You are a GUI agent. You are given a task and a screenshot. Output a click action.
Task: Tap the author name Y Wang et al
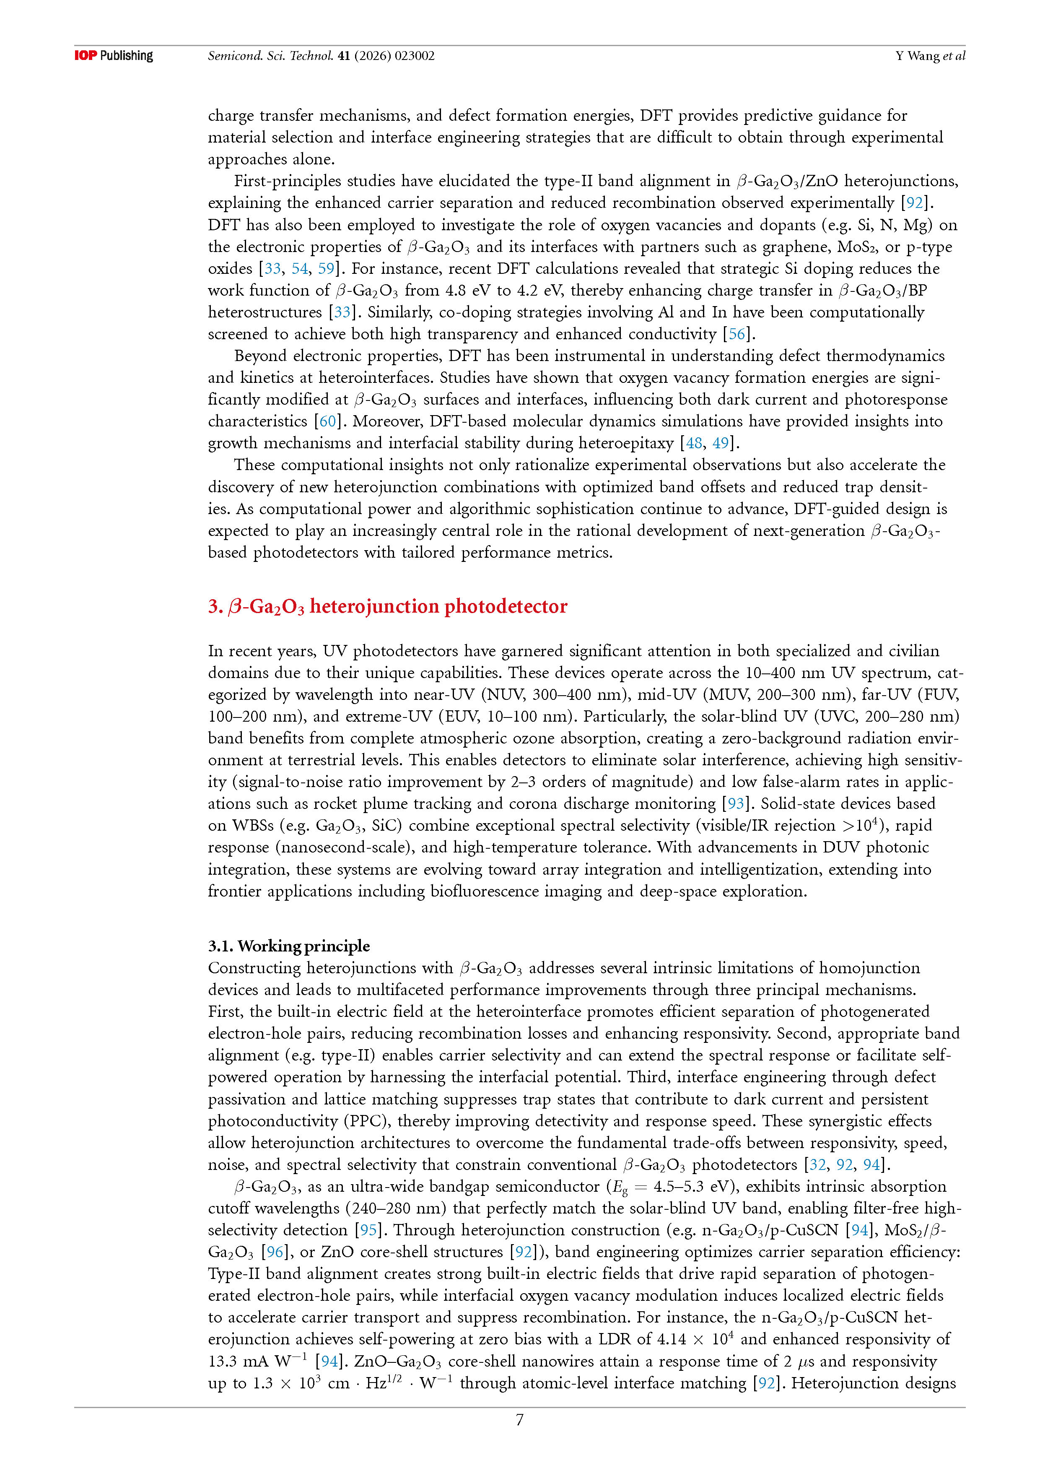[x=930, y=56]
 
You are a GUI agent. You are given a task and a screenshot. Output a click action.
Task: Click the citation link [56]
[x=737, y=334]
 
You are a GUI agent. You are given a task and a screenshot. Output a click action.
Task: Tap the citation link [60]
[x=327, y=421]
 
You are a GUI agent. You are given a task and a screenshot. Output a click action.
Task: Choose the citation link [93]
[x=736, y=803]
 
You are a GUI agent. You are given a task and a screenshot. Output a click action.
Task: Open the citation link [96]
[x=275, y=1251]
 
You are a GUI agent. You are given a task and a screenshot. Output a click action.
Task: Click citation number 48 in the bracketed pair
[x=694, y=443]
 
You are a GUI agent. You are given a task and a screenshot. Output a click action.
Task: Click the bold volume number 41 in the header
[x=343, y=56]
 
